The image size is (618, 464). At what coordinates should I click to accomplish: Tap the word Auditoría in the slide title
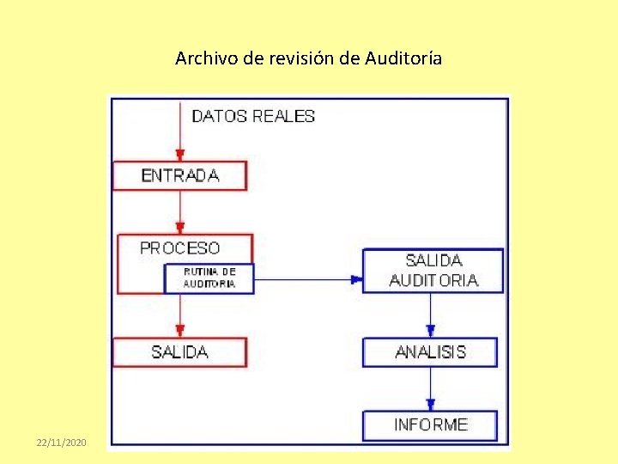click(x=403, y=58)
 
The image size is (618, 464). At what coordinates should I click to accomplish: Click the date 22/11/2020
click(x=62, y=442)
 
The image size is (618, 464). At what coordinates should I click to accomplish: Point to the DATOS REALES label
click(x=253, y=116)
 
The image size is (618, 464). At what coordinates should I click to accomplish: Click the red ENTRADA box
click(x=179, y=175)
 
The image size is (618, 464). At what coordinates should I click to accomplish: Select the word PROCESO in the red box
click(x=179, y=247)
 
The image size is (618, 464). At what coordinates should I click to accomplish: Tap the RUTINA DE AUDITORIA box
click(x=209, y=278)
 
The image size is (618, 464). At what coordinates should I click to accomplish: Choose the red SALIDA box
click(x=179, y=352)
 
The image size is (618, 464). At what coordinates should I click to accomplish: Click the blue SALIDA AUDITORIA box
click(x=433, y=270)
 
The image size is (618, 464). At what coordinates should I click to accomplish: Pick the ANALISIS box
click(x=430, y=352)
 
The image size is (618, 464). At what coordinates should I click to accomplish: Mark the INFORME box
click(x=430, y=424)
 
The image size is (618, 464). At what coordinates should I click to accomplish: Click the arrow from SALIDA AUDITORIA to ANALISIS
click(x=430, y=315)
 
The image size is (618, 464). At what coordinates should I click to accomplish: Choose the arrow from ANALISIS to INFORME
click(x=430, y=389)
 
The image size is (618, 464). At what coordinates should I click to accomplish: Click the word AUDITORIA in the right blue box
click(x=433, y=280)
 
